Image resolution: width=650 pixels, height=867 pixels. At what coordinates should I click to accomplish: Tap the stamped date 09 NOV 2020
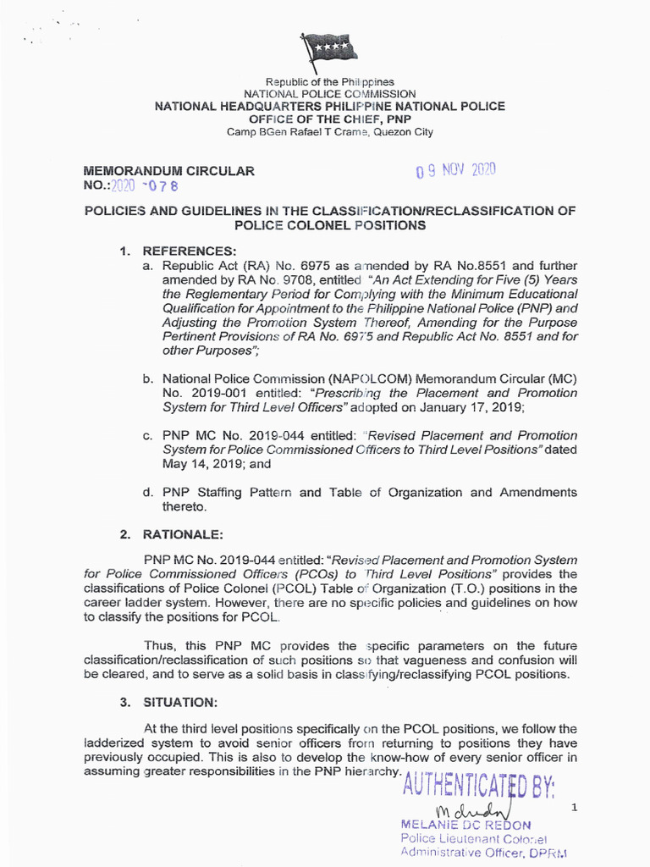tap(454, 170)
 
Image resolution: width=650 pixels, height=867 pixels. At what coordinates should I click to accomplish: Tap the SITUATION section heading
tap(180, 703)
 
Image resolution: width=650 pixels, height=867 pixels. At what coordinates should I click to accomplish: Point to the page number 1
tap(574, 809)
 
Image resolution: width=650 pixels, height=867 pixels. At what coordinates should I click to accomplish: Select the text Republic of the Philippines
tap(330, 82)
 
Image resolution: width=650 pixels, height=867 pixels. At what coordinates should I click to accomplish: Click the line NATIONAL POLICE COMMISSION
tap(330, 94)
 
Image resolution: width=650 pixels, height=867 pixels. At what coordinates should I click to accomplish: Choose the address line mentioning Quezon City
tap(330, 132)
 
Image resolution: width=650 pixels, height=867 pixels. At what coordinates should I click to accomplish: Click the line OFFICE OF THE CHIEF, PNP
tap(330, 119)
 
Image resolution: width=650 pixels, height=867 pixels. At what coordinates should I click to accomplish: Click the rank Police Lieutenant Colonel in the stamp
tap(474, 839)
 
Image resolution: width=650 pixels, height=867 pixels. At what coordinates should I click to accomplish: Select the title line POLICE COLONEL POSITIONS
tap(330, 226)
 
